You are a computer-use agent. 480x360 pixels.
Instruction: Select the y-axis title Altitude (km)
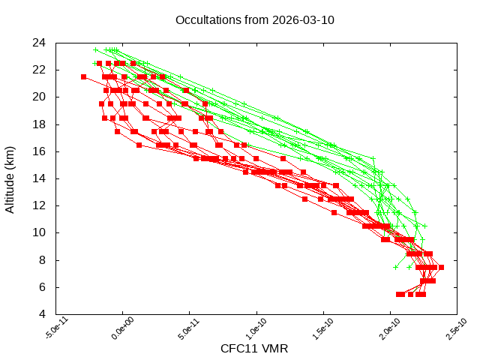pos(10,178)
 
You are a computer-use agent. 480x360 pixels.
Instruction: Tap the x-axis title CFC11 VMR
pos(254,349)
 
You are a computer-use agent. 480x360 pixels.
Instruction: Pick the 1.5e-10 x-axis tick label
pos(319,330)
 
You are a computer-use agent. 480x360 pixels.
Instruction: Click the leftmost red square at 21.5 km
pos(84,76)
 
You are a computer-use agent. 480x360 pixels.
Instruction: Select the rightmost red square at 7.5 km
pos(441,267)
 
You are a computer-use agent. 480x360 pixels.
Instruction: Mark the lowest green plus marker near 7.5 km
pos(396,267)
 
